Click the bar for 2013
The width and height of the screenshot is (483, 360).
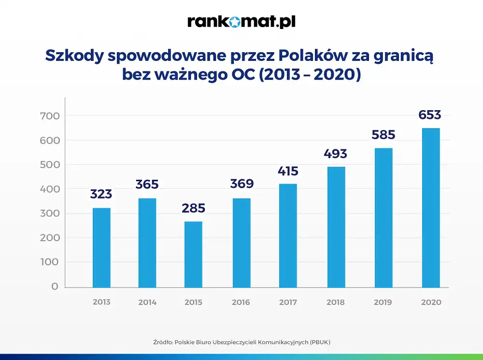101,247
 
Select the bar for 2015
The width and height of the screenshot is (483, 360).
193,254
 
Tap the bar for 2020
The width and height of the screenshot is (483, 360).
431,208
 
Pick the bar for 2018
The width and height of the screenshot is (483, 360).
336,227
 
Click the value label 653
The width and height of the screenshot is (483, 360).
430,115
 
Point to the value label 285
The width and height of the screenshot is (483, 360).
193,208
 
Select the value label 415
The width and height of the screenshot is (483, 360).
288,171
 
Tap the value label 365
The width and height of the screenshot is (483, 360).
147,185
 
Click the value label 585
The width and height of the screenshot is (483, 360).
384,134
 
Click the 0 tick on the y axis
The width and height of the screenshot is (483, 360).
55,287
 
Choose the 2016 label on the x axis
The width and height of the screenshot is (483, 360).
241,302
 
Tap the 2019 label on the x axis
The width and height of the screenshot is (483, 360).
383,302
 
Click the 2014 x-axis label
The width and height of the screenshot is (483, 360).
147,302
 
